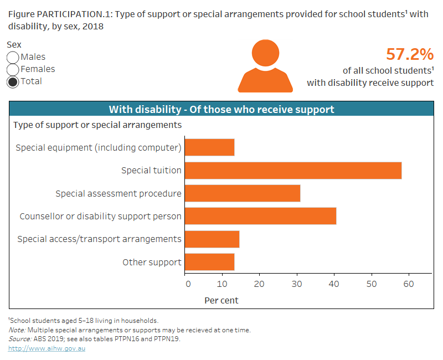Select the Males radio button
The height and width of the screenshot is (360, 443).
13,58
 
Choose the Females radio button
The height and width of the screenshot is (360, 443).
13,70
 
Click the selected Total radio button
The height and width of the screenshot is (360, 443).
13,82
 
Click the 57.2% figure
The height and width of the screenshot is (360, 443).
409,54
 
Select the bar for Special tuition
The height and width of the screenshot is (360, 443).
293,171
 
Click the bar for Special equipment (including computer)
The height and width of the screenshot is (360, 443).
209,147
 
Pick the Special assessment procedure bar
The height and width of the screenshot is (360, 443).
242,193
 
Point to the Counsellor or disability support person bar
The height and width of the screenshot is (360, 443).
260,216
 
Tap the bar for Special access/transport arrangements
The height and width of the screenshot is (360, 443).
212,239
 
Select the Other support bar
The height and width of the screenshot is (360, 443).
209,262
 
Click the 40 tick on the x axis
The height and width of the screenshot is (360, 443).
334,284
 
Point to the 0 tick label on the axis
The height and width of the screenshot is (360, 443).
188,284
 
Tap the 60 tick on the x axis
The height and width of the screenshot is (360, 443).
408,284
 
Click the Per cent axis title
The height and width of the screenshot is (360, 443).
221,300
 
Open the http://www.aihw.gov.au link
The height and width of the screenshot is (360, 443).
47,348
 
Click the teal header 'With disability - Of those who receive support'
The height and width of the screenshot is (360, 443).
221,109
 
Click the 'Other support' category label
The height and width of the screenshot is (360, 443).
152,262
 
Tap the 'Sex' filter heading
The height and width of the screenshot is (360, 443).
14,45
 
